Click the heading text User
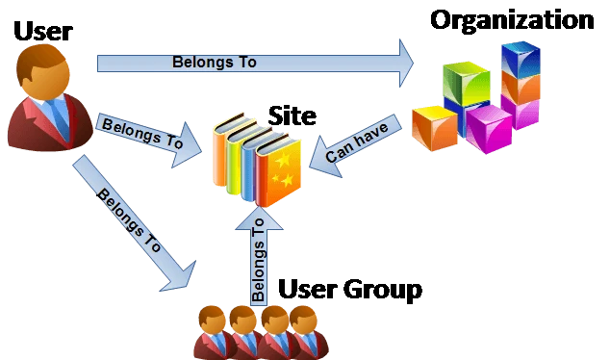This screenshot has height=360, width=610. coord(42,31)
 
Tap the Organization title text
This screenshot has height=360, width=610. coord(512,20)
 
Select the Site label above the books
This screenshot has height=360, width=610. coord(292,116)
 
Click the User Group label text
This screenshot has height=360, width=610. coord(350,290)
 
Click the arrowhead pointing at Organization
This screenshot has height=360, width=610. coord(407,63)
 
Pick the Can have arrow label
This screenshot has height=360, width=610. coord(356,141)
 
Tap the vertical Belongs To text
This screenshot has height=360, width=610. coord(258,260)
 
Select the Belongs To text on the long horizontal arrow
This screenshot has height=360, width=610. coord(215,62)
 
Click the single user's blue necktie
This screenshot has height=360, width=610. coord(59,116)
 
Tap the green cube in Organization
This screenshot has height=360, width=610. coord(466,83)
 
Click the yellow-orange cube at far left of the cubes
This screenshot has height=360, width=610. coord(435,128)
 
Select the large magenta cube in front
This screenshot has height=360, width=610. coord(489,128)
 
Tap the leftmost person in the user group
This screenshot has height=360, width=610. coord(213,333)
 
